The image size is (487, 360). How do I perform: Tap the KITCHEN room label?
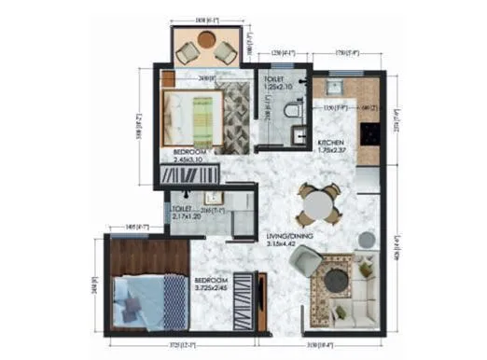point(331,141)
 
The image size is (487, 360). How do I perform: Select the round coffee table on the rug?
point(335,277)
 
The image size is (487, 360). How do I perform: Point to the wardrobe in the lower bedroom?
point(244,298)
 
